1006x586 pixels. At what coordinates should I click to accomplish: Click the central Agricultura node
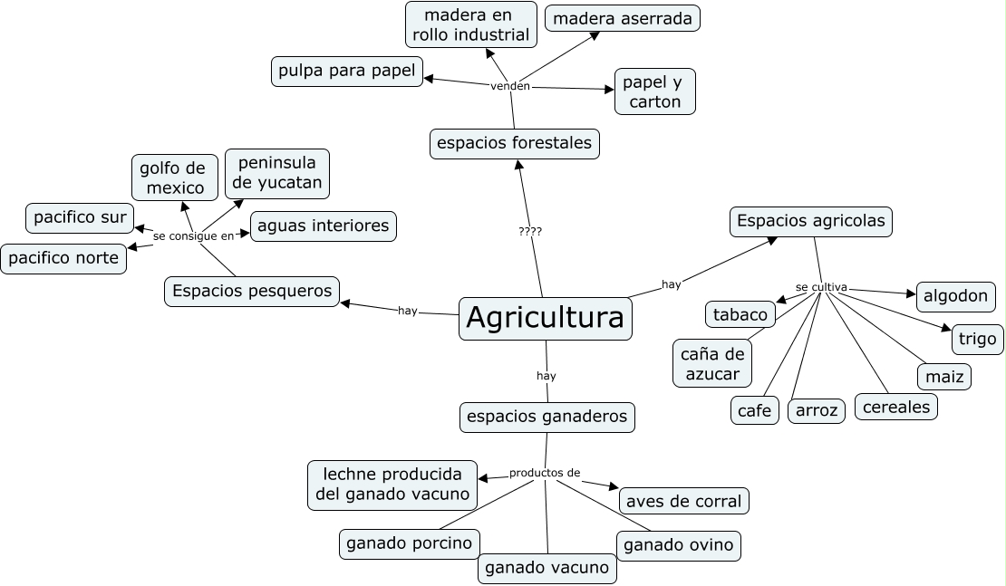pyautogui.click(x=546, y=318)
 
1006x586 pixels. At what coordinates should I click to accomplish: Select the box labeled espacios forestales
pyautogui.click(x=514, y=143)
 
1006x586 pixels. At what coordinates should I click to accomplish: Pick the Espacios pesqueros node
pyautogui.click(x=253, y=292)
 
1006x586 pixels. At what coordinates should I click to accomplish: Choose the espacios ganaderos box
pyautogui.click(x=547, y=417)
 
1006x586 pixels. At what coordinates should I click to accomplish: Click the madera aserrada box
pyautogui.click(x=623, y=18)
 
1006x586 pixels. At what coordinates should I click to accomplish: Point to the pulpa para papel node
pyautogui.click(x=347, y=71)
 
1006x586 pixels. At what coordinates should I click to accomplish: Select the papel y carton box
pyautogui.click(x=654, y=91)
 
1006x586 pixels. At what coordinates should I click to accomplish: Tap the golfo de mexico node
pyautogui.click(x=172, y=178)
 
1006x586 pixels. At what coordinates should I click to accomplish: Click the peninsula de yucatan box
pyautogui.click(x=276, y=174)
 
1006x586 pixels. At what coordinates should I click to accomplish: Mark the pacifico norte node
pyautogui.click(x=63, y=258)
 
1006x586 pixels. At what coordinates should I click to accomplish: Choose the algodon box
pyautogui.click(x=956, y=296)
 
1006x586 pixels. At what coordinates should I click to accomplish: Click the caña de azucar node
pyautogui.click(x=711, y=363)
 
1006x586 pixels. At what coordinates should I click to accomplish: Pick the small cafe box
pyautogui.click(x=754, y=410)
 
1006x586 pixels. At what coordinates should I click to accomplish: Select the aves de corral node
pyautogui.click(x=684, y=501)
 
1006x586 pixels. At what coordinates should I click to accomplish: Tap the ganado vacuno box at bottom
pyautogui.click(x=547, y=569)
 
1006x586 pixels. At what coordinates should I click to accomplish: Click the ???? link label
pyautogui.click(x=530, y=232)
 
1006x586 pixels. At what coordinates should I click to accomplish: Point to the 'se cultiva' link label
pyautogui.click(x=821, y=287)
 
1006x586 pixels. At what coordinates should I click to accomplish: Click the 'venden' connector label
pyautogui.click(x=509, y=86)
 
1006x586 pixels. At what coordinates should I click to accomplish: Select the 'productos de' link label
pyautogui.click(x=544, y=473)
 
